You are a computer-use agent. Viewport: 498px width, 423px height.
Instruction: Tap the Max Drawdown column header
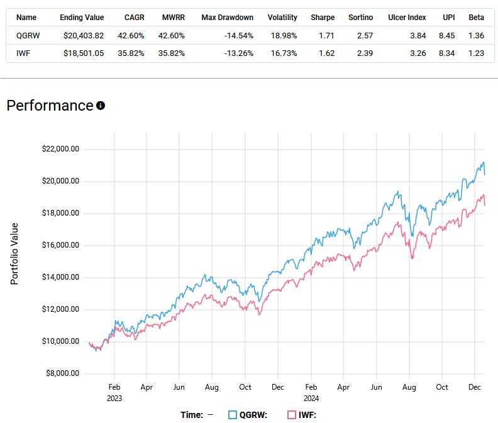pos(227,18)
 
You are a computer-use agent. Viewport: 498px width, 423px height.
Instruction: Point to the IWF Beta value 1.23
pos(476,53)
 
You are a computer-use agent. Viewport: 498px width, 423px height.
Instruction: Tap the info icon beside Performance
pos(101,106)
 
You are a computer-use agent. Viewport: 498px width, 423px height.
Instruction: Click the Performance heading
pos(50,106)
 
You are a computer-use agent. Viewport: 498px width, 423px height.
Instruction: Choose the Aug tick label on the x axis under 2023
pos(212,387)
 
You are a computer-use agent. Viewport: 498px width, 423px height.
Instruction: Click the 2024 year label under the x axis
pos(311,398)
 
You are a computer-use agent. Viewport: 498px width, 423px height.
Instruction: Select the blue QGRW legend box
pos(233,415)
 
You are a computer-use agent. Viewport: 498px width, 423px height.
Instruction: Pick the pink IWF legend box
pos(291,415)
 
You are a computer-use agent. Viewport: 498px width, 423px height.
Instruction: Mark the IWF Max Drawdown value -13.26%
pos(238,53)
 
